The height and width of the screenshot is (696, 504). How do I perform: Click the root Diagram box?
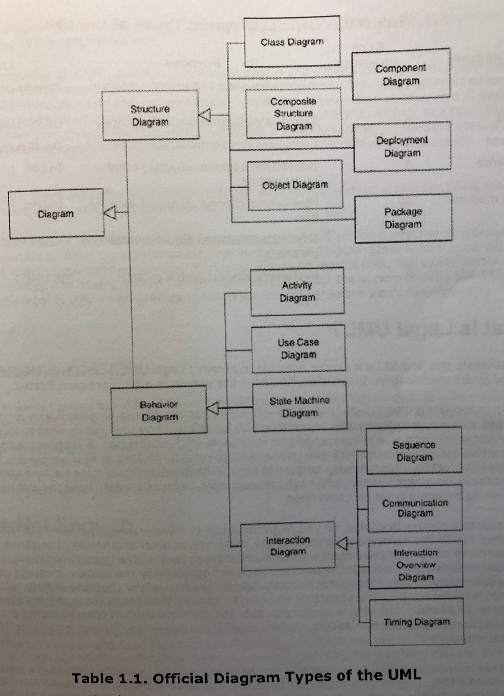click(x=56, y=214)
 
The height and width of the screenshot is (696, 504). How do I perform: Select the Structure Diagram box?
click(x=150, y=116)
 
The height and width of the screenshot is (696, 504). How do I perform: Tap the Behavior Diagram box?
click(x=159, y=411)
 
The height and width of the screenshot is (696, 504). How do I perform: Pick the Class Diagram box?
click(x=292, y=42)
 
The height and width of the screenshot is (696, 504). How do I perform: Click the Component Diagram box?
click(x=401, y=74)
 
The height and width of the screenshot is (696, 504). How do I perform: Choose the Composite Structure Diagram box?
click(x=294, y=114)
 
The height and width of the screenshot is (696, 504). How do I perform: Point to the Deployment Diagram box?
click(x=402, y=146)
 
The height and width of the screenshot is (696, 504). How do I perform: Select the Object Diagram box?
click(x=295, y=185)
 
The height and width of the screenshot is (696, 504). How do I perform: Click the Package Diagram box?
click(x=403, y=218)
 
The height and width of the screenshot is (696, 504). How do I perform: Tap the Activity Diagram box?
click(x=297, y=291)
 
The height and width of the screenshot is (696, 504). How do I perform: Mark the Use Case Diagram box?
click(x=298, y=348)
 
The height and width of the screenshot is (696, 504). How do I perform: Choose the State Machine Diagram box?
click(x=300, y=406)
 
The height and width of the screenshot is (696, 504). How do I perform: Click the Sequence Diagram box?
click(x=414, y=451)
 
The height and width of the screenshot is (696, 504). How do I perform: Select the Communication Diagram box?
click(x=415, y=508)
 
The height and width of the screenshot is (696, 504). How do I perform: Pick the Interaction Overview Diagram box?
click(x=416, y=565)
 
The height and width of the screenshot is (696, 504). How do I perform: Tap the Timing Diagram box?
click(x=416, y=622)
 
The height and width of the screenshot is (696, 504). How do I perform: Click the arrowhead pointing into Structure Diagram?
click(x=206, y=115)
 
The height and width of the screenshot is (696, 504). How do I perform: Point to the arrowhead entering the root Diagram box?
click(x=110, y=212)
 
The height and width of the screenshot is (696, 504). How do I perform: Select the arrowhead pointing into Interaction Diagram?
click(x=341, y=543)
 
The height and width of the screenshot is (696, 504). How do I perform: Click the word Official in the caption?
click(x=181, y=678)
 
